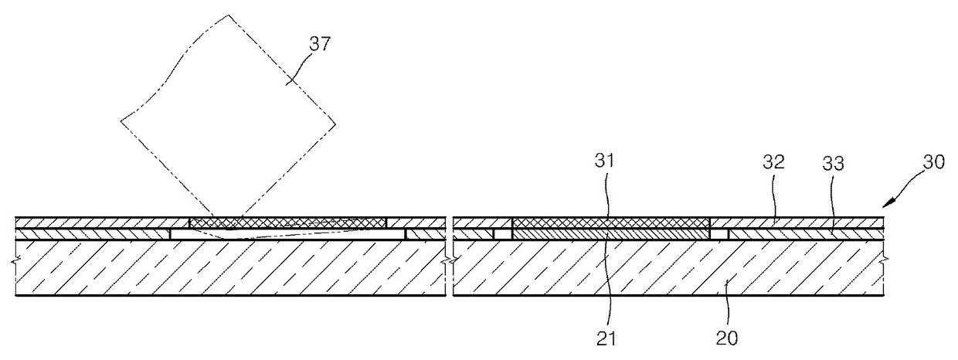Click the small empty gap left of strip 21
[x=503, y=233]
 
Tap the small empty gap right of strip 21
[x=719, y=233]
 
